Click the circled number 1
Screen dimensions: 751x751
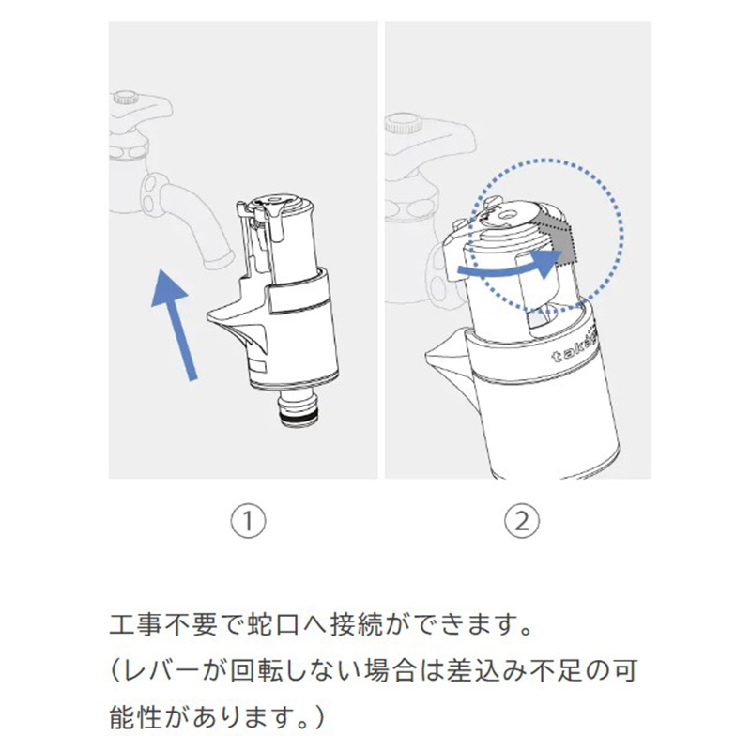click(x=248, y=521)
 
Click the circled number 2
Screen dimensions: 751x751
click(x=522, y=521)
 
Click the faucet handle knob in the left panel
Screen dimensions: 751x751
click(x=126, y=99)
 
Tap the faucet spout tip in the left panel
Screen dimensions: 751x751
click(x=217, y=260)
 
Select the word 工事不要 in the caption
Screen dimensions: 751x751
click(x=163, y=624)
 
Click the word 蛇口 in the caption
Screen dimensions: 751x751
click(x=274, y=624)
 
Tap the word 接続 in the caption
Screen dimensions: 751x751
click(x=357, y=624)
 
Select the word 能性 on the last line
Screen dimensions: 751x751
click(x=136, y=717)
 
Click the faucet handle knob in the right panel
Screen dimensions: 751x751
click(x=404, y=123)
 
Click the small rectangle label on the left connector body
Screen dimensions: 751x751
click(x=259, y=367)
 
